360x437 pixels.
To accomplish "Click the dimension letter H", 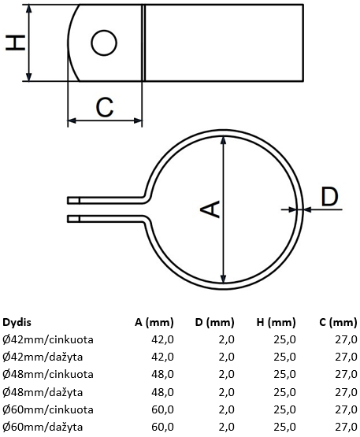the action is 15,43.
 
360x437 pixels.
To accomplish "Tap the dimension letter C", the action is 105,107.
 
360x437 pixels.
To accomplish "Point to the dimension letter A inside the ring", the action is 210,209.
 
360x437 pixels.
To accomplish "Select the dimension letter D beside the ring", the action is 329,197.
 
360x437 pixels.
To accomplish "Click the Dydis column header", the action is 17,323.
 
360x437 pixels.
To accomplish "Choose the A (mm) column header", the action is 154,323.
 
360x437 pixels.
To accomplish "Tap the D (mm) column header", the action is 214,323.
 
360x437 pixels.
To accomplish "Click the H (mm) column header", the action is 276,323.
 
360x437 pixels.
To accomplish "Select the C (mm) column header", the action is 338,323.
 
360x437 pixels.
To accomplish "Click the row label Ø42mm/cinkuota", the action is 48,339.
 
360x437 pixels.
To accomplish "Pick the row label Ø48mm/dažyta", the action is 43,392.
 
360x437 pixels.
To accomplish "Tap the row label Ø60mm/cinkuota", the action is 48,409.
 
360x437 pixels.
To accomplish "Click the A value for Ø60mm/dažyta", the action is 162,427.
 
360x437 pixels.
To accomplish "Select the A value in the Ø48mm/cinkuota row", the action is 162,374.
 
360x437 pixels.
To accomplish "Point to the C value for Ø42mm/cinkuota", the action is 346,339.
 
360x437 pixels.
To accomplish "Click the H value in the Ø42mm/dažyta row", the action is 284,357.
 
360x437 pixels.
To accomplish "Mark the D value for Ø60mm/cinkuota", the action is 226,409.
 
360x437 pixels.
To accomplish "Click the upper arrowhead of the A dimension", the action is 223,140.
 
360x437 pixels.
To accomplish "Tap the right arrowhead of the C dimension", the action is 138,120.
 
